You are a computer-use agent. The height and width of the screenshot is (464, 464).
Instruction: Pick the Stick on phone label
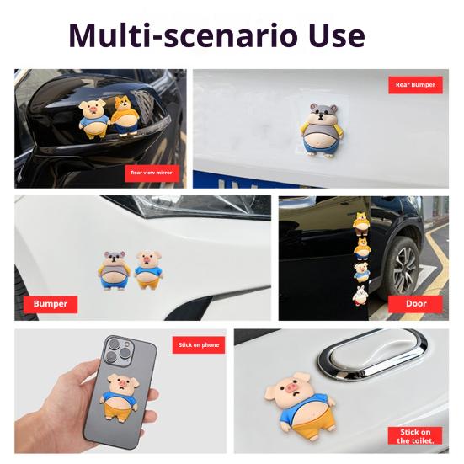pyautogui.click(x=200, y=345)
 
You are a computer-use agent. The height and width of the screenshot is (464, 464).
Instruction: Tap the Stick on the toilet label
pyautogui.click(x=414, y=435)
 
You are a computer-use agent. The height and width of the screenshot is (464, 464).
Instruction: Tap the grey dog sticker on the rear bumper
pyautogui.click(x=320, y=125)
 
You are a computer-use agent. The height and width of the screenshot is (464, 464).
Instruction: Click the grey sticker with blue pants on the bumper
pyautogui.click(x=115, y=270)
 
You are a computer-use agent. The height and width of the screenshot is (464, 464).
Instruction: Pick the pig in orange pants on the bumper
pyautogui.click(x=147, y=270)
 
